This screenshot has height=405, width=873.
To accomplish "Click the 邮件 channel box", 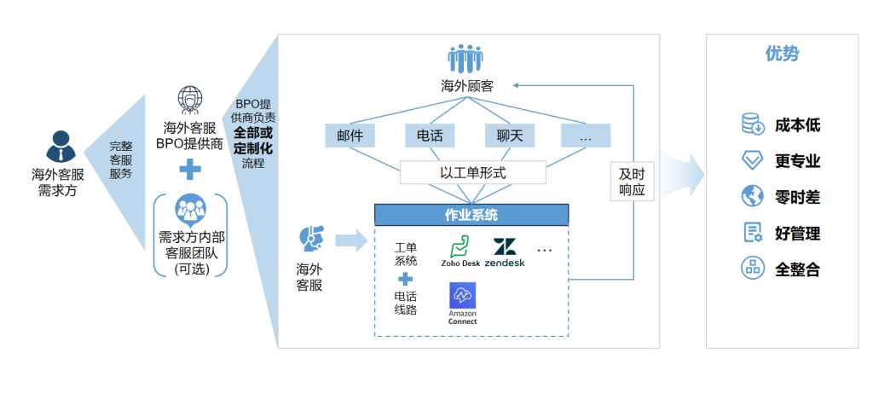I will coord(350,136).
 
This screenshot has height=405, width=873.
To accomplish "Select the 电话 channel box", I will coord(430,136).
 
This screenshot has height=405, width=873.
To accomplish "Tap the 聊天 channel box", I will coord(509,136).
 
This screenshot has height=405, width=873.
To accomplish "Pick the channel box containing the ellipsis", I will coord(586,136).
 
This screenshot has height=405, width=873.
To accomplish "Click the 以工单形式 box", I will coord(472,172).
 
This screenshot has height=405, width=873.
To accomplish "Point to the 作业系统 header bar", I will coord(471,215).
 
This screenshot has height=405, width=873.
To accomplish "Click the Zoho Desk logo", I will coord(461,251).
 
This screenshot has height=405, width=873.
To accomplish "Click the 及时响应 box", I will coord(633,180).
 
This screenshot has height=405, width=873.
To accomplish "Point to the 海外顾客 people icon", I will coord(466,59).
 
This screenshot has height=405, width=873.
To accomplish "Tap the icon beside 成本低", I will coord(752,124).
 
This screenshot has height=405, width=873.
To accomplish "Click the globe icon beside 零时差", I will coord(752,196).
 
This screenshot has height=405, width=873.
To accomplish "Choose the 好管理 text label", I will coord(797,233).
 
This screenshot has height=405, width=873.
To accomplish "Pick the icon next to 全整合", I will coord(752,268).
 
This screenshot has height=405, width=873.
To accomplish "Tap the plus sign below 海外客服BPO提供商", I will coord(190,170).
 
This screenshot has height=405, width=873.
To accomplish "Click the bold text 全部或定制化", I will coord(253,141).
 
